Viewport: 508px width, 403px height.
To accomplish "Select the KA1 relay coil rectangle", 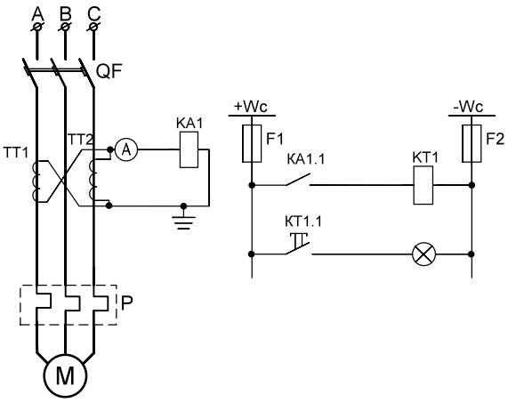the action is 189,149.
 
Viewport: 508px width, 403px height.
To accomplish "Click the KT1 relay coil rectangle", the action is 423,185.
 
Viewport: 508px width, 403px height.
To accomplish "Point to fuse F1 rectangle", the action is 252,143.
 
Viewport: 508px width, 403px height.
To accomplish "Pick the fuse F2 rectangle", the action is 472,143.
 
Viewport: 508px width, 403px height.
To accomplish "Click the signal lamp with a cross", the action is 423,254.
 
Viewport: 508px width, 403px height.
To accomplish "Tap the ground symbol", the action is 183,222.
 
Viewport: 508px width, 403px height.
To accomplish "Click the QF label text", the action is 109,71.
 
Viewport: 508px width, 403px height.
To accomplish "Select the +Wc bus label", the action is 251,107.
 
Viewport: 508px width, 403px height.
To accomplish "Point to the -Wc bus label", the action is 469,107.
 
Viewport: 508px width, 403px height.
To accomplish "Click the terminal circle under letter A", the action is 37,27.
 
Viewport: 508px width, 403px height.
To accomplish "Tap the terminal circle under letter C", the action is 93,27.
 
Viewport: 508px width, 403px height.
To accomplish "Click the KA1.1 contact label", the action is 305,159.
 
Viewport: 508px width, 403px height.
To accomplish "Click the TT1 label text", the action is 16,152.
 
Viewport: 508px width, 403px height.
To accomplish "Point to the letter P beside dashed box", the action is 126,303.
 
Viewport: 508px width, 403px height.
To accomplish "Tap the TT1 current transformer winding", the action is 36,181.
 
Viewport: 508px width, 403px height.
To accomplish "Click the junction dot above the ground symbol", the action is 183,206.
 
